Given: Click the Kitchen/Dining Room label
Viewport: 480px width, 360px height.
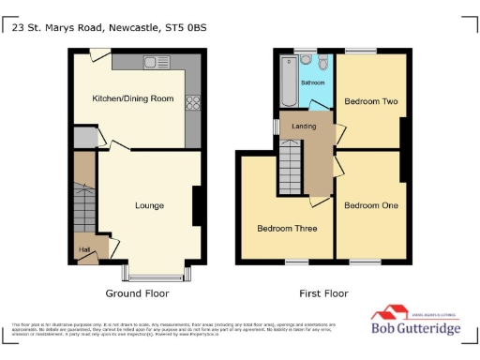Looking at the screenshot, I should tap(131, 98).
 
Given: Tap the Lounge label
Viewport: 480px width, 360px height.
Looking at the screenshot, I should tap(149, 205).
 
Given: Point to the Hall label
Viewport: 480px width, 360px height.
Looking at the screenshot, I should tap(84, 250).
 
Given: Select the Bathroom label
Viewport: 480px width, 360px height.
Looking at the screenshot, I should tap(312, 84).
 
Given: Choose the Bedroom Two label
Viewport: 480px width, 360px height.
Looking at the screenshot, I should tap(370, 101).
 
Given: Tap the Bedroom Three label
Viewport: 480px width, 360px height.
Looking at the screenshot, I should tap(286, 228).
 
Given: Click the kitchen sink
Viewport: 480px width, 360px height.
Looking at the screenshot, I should tap(151, 62).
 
